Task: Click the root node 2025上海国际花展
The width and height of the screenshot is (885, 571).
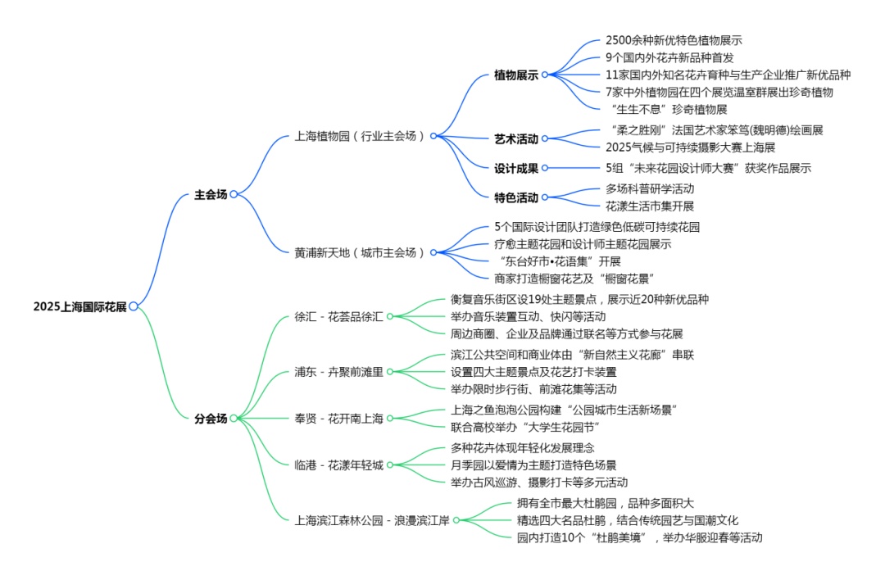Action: point(79,306)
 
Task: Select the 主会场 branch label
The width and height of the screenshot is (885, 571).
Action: point(211,195)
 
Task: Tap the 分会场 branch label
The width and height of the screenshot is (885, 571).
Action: point(211,419)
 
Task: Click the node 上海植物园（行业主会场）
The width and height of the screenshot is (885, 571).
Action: point(360,136)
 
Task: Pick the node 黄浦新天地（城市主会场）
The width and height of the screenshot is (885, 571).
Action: point(360,252)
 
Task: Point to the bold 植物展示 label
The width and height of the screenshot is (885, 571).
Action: point(515,75)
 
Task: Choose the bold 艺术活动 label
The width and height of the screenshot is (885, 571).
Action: point(515,139)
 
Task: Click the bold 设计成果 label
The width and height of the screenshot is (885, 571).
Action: point(515,169)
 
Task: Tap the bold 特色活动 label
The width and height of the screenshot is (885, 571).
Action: point(515,197)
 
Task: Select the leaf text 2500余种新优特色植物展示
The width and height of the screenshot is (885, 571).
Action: point(674,40)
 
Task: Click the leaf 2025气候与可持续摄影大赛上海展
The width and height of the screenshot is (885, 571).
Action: point(690,147)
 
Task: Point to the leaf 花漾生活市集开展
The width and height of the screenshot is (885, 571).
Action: point(650,206)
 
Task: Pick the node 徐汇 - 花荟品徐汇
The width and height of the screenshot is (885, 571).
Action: point(338,317)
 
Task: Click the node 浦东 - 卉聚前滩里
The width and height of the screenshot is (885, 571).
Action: point(338,372)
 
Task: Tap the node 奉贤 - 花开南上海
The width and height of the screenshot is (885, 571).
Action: point(338,419)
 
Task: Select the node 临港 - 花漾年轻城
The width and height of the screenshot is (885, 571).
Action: point(338,465)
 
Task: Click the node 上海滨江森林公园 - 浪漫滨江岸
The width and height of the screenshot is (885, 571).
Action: point(371,519)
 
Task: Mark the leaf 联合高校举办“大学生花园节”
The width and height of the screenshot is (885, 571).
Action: point(526,428)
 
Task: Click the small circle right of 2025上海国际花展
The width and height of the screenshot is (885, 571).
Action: point(134,306)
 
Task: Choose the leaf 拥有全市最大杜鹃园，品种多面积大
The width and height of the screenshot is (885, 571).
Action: point(606,503)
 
